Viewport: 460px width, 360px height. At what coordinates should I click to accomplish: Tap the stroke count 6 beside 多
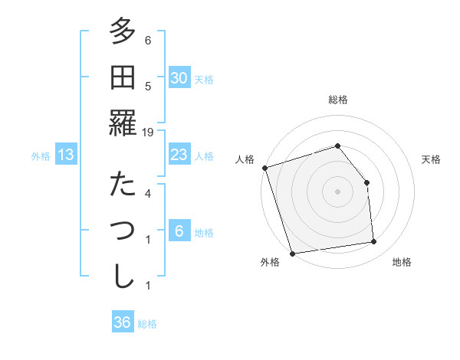pos(148,41)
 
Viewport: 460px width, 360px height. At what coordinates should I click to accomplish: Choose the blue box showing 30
pos(179,78)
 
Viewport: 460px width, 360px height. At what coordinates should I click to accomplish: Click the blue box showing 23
pos(179,155)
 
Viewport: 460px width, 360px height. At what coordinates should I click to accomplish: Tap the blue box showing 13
pos(66,155)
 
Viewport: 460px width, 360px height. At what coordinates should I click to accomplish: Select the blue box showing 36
pos(123,322)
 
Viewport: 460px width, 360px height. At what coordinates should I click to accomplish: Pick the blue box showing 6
pos(179,231)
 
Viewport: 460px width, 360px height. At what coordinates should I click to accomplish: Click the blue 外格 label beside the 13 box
pos(41,156)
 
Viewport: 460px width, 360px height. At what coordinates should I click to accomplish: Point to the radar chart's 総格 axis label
pos(337,100)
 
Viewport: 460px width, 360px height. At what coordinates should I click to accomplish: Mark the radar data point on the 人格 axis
pos(264,168)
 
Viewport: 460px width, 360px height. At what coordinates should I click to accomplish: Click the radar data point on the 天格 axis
pos(366,182)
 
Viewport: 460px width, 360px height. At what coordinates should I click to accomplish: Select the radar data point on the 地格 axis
pos(374,242)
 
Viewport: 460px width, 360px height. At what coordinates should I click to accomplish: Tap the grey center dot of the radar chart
pos(337,191)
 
